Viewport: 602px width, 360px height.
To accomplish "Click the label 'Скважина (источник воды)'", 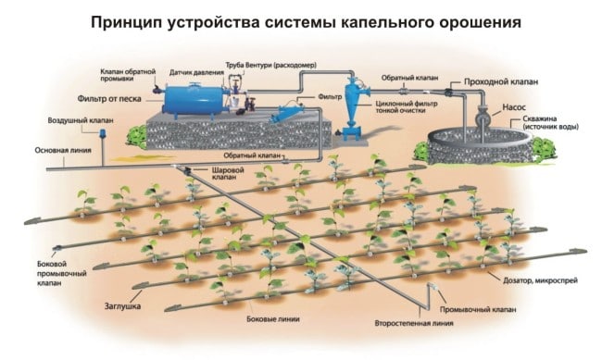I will (556, 126).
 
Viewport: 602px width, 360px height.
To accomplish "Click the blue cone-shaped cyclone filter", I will (352, 106).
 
